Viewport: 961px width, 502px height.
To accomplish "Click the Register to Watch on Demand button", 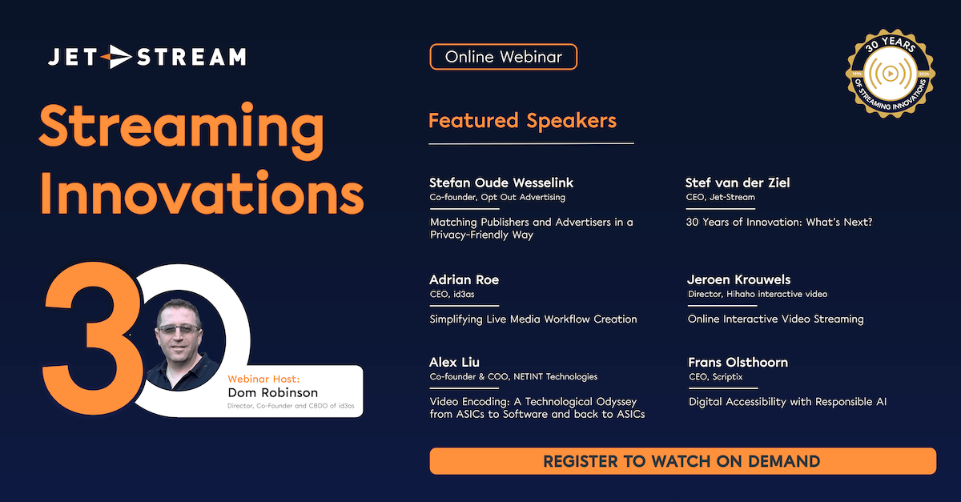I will (x=682, y=461).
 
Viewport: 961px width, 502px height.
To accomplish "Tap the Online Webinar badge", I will (x=503, y=57).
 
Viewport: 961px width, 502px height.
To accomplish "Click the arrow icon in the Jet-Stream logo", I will (x=119, y=56).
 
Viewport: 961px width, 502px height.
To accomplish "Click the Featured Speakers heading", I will (x=522, y=121).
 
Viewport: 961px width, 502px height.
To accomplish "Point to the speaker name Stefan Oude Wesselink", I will (x=501, y=183).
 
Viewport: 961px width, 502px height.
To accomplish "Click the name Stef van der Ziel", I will (x=738, y=183).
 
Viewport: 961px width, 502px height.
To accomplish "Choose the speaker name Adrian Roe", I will (x=464, y=279).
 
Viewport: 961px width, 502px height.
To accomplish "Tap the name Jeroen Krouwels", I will (x=738, y=279).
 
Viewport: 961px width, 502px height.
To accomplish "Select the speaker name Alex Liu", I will (x=454, y=362).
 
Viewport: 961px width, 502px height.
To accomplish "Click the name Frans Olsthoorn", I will (x=738, y=362).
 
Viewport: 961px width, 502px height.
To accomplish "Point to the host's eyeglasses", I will (x=180, y=328).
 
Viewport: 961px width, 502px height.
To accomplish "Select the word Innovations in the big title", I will (x=201, y=195).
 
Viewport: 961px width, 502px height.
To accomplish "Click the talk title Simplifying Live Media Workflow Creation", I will (x=533, y=319).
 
